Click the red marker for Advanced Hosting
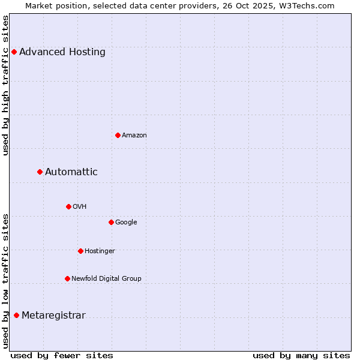[x=14, y=52]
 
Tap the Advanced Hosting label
[x=62, y=52]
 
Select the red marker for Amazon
[x=118, y=135]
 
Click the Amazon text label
[x=134, y=136]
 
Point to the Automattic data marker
[x=40, y=172]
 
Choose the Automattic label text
[x=71, y=172]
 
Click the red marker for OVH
[x=68, y=206]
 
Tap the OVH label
[x=80, y=207]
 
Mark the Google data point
[x=111, y=222]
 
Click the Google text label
[x=126, y=223]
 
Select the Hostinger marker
[x=80, y=251]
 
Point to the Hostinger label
[x=100, y=251]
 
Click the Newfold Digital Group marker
[x=67, y=278]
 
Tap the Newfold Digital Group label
[x=106, y=279]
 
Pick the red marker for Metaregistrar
[x=16, y=315]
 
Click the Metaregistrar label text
[x=53, y=316]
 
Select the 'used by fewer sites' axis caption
[x=62, y=355]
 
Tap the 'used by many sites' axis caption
[x=301, y=355]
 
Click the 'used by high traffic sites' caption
[x=6, y=85]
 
